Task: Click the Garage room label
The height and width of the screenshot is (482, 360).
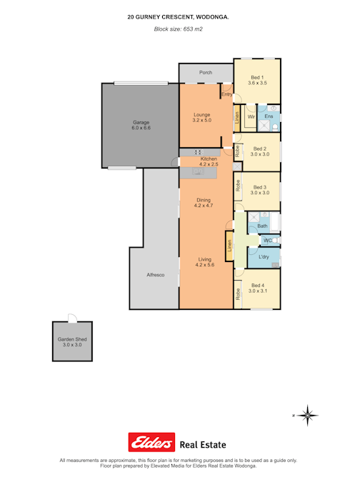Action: [x=141, y=122]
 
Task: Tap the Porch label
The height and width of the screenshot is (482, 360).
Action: [x=206, y=73]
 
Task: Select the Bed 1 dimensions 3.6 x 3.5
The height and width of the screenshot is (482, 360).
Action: [x=257, y=83]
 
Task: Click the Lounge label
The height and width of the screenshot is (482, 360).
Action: [x=202, y=115]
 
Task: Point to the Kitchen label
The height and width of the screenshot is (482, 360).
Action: [x=209, y=159]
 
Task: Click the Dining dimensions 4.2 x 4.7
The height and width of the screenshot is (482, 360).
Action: [x=204, y=206]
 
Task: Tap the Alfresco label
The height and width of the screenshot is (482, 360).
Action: [x=156, y=275]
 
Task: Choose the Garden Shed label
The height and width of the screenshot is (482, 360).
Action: [x=72, y=339]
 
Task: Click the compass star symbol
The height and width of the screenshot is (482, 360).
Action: [x=307, y=416]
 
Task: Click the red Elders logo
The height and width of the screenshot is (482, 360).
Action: [x=151, y=442]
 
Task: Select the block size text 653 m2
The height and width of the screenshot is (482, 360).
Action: [x=193, y=29]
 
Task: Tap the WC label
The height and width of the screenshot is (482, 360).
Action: [x=267, y=241]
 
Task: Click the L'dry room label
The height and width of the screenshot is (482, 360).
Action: [x=264, y=256]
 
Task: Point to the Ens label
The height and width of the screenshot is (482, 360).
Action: [x=269, y=116]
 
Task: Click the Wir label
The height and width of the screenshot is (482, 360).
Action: [x=251, y=117]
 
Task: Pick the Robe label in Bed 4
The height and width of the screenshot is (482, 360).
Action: [x=238, y=294]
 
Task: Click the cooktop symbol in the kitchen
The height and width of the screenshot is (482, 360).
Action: [x=199, y=152]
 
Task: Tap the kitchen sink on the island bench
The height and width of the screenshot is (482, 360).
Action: [x=198, y=171]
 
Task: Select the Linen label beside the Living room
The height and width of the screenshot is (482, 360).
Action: [x=229, y=246]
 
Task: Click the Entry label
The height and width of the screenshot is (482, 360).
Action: [x=227, y=94]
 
